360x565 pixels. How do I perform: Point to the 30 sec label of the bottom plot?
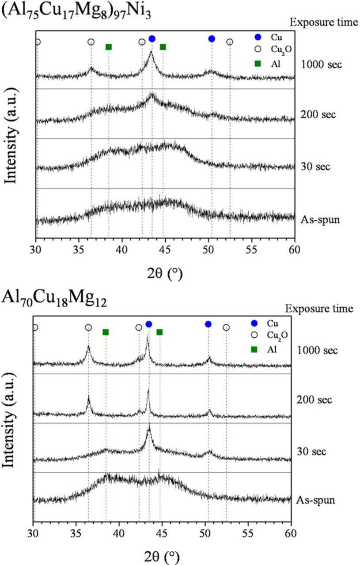(311, 452)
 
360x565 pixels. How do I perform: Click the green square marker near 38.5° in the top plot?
(109, 47)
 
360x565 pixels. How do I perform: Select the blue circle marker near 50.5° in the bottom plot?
(208, 324)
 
